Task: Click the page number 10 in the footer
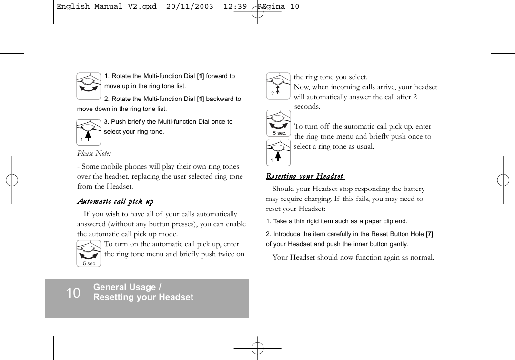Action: tap(73, 293)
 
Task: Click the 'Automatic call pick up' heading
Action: tap(115, 202)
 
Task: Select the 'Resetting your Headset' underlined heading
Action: tap(305, 177)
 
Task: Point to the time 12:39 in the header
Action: tap(237, 7)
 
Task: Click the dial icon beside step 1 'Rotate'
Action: tap(89, 86)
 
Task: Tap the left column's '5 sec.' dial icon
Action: tap(89, 253)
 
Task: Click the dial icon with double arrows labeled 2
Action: tap(278, 85)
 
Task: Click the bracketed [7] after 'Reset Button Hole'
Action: tap(429, 234)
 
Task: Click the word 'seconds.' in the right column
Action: tap(307, 107)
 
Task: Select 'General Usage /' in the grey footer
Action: tap(127, 287)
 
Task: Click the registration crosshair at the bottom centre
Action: tap(257, 349)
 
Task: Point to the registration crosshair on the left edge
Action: tap(12, 180)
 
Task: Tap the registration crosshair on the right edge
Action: tap(503, 180)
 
